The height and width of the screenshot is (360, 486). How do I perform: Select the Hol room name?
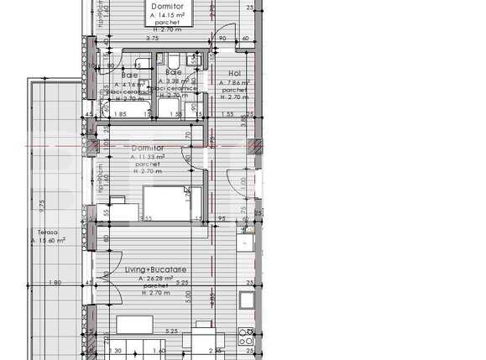pyautogui.click(x=235, y=73)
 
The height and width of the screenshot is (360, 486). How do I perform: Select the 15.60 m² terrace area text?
pyautogui.click(x=47, y=240)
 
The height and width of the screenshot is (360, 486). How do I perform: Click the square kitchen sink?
pyautogui.click(x=248, y=300)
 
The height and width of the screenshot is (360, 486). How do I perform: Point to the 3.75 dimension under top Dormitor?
pyautogui.click(x=151, y=39)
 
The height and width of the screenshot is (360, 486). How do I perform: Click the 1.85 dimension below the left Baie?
pyautogui.click(x=120, y=113)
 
